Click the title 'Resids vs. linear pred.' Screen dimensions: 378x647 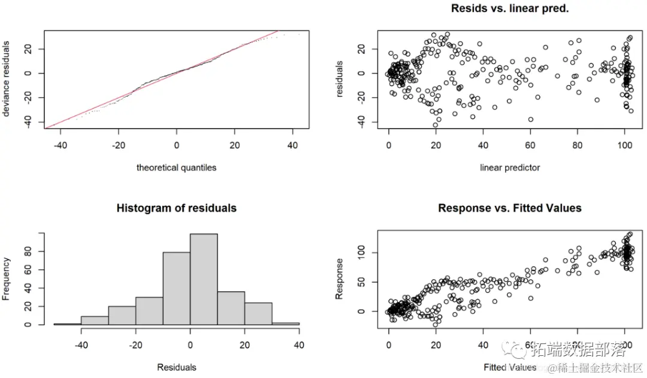pyautogui.click(x=509, y=10)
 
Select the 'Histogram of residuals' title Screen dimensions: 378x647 pyautogui.click(x=176, y=208)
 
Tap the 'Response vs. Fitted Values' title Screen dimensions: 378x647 pyautogui.click(x=509, y=208)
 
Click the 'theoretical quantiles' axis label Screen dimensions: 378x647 pyautogui.click(x=176, y=167)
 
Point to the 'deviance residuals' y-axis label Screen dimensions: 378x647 pyautogui.click(x=8, y=78)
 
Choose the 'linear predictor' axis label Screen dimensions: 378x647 pyautogui.click(x=510, y=167)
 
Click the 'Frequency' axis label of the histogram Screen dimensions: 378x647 pyautogui.click(x=8, y=278)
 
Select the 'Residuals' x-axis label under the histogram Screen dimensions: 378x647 pyautogui.click(x=176, y=367)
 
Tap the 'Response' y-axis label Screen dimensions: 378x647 pyautogui.click(x=340, y=278)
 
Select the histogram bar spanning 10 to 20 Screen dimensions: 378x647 pyautogui.click(x=231, y=308)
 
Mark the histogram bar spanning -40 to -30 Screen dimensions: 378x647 pyautogui.click(x=95, y=321)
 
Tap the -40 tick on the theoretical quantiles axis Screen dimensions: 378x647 pyautogui.click(x=60, y=147)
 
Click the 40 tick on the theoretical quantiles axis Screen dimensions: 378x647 pyautogui.click(x=293, y=147)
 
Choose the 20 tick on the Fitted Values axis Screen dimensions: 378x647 pyautogui.click(x=436, y=345)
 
